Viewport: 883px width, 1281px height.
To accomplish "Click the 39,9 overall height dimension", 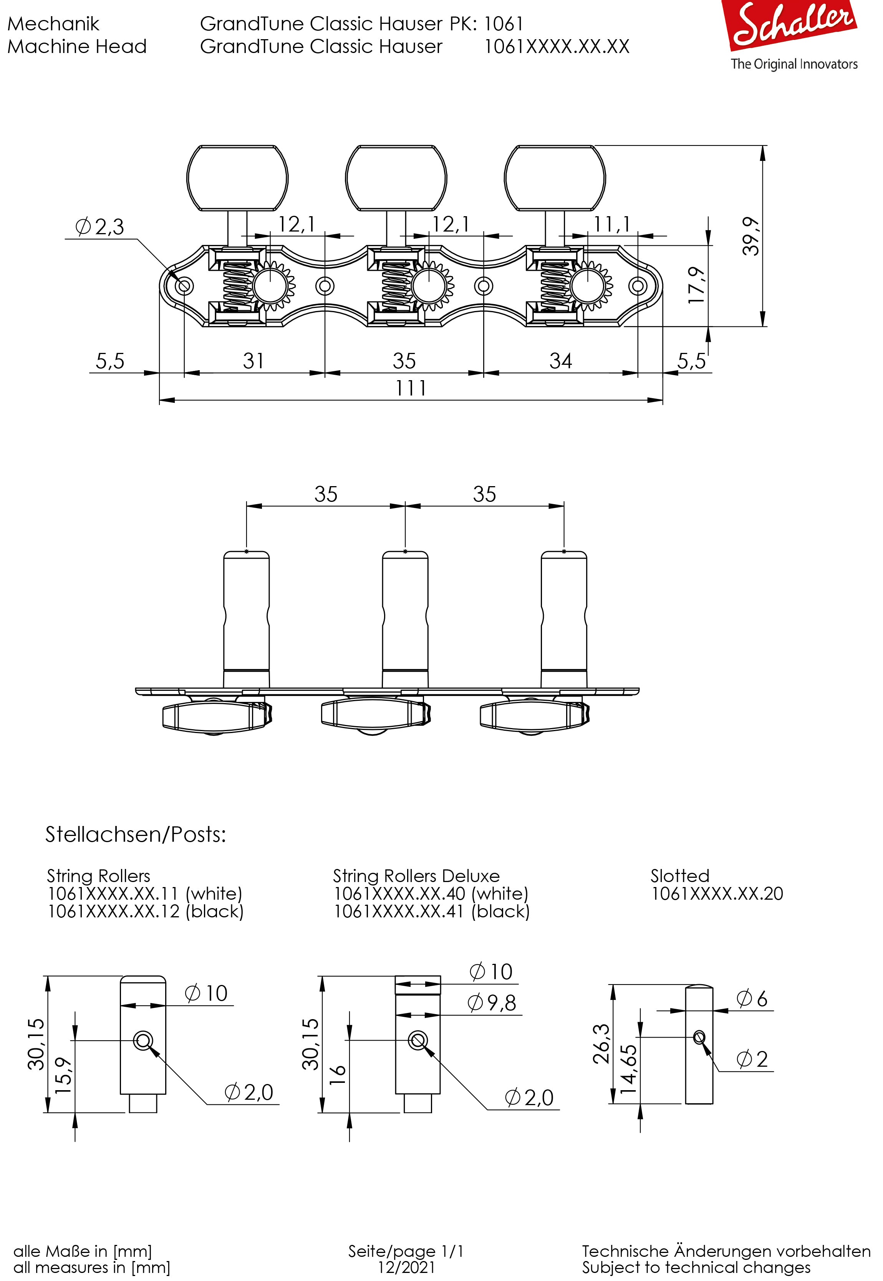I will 751,236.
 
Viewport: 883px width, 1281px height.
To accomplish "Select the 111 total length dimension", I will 411,388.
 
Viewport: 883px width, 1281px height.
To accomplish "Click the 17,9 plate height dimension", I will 697,285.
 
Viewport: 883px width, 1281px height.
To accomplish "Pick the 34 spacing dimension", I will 560,361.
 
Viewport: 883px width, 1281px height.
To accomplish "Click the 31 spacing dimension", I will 253,361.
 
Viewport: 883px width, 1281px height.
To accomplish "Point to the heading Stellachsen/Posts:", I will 136,834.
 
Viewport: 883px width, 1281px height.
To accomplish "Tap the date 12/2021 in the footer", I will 406,1267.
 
